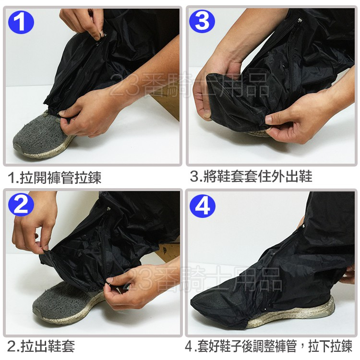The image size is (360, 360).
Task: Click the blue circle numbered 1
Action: coord(21,22)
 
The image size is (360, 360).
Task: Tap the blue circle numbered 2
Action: coord(21,204)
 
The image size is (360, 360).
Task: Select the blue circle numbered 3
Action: coord(202,21)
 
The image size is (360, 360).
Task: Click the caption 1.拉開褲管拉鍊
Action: coord(54,178)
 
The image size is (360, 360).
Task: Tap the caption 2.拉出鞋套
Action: coord(41,346)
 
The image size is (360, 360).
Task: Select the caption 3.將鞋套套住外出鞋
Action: coord(251,176)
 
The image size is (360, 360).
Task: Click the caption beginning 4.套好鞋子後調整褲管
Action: coord(268,346)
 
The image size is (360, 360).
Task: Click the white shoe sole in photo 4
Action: coord(296,314)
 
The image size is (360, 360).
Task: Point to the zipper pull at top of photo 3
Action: coord(299,21)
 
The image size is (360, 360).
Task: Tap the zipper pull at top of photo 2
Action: coord(108,209)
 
